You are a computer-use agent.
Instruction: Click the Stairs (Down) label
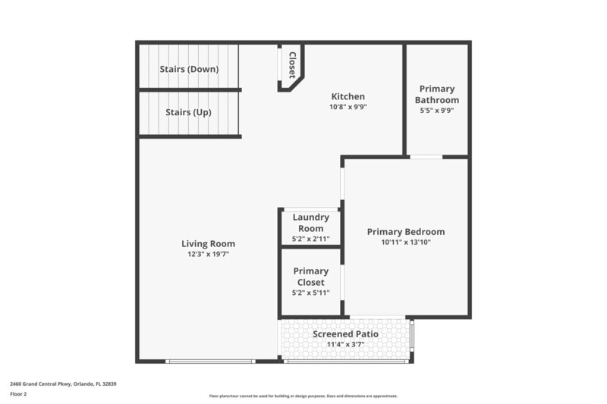(x=189, y=69)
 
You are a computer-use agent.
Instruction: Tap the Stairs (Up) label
(x=188, y=112)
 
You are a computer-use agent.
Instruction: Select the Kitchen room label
(x=348, y=96)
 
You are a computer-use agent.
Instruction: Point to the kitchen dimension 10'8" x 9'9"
(x=348, y=108)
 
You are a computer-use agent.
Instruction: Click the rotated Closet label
(x=291, y=64)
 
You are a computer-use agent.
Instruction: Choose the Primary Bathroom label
(x=436, y=94)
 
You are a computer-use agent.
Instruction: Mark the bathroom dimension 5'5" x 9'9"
(x=436, y=111)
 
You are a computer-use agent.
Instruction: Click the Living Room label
(x=208, y=243)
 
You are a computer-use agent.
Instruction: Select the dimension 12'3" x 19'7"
(x=208, y=255)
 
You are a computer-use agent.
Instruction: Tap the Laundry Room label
(x=310, y=223)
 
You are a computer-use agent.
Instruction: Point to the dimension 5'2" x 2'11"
(x=310, y=240)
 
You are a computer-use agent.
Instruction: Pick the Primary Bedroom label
(x=405, y=232)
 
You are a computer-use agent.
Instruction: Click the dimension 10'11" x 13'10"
(x=405, y=243)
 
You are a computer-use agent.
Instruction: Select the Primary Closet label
(x=310, y=277)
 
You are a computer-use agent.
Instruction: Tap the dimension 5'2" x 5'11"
(x=310, y=293)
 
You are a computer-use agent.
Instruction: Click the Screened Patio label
(x=345, y=334)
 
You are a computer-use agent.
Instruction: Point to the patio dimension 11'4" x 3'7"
(x=345, y=345)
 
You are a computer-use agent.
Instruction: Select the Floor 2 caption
(x=18, y=394)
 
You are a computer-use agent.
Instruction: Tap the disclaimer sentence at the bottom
(x=303, y=396)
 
